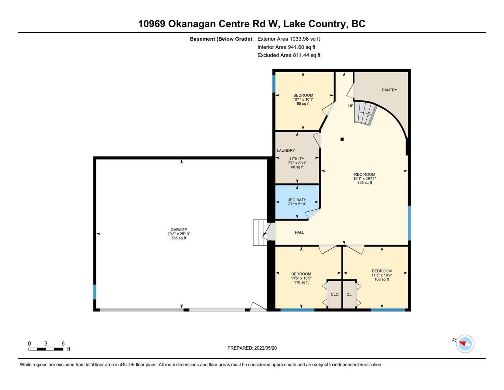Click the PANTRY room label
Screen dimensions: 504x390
[x=389, y=90]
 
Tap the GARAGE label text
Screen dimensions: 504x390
[x=178, y=229]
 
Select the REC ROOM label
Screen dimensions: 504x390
[x=364, y=174]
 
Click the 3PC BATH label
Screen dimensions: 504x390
[x=297, y=200]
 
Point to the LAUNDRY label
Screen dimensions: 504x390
[x=286, y=150]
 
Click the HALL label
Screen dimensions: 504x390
[x=299, y=232]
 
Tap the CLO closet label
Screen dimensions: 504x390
[x=335, y=294]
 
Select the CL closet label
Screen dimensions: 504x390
[x=349, y=294]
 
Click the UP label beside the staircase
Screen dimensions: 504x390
[x=351, y=106]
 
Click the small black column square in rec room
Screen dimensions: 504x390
[x=342, y=139]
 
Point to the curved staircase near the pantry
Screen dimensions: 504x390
[x=364, y=114]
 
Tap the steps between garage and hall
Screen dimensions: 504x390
[x=258, y=232]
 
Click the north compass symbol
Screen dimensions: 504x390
[x=465, y=344]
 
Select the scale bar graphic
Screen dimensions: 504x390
[x=46, y=349]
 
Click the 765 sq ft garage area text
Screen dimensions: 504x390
[x=178, y=238]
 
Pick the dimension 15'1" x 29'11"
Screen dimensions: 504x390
[x=364, y=178]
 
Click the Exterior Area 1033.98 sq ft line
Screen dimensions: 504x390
[x=289, y=39]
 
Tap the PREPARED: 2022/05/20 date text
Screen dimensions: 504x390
[x=252, y=348]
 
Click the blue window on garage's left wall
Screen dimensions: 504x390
[x=95, y=292]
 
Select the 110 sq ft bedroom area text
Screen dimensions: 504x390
[x=301, y=282]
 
